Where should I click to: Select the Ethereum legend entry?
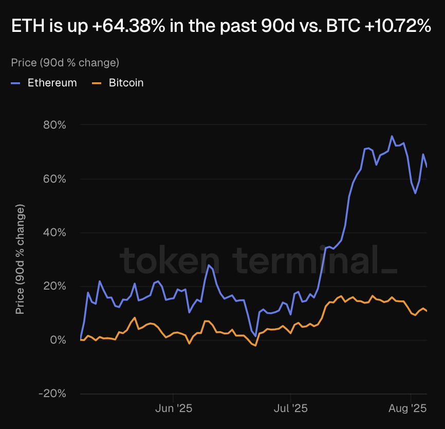(x=52, y=83)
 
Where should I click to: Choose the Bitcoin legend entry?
(x=126, y=83)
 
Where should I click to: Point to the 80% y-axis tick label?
(x=55, y=125)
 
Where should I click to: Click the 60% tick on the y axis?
(x=55, y=179)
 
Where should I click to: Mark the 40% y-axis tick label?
(x=55, y=233)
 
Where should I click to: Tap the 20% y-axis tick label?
(x=55, y=286)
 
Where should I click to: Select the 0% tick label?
(x=59, y=340)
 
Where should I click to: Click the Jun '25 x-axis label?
(x=173, y=409)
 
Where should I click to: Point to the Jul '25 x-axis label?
(x=290, y=409)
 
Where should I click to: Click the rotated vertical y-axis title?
(x=20, y=259)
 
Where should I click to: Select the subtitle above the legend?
(x=65, y=63)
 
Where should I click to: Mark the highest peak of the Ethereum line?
(x=392, y=136)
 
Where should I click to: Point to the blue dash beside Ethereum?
(x=15, y=83)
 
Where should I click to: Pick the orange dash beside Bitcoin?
(x=96, y=83)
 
